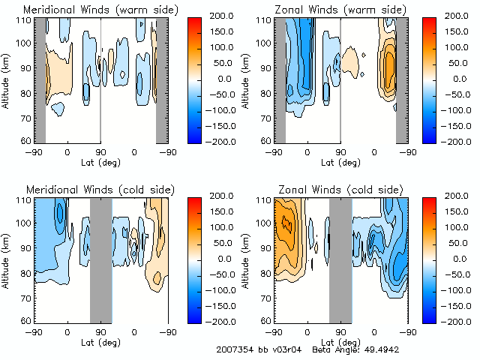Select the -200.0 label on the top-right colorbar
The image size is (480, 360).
[451, 140]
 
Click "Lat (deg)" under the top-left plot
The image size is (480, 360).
[100, 162]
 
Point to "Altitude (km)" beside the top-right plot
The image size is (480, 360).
[246, 79]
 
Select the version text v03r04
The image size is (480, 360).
[286, 350]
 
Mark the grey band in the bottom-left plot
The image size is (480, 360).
[100, 259]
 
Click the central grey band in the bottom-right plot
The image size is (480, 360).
[340, 259]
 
